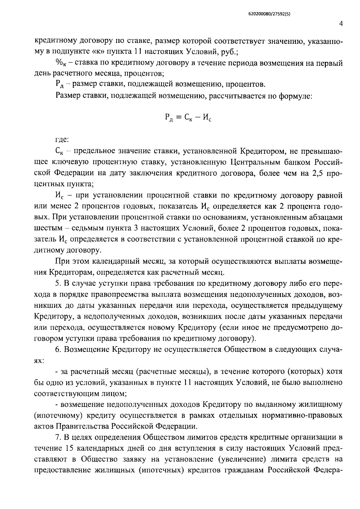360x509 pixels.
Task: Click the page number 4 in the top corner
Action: point(341,24)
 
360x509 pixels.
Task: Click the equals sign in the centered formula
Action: point(177,118)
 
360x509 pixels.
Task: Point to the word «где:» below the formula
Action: point(62,139)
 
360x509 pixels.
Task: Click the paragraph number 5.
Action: point(58,283)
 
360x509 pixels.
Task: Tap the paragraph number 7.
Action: point(58,437)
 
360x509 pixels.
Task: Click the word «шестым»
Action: point(48,228)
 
